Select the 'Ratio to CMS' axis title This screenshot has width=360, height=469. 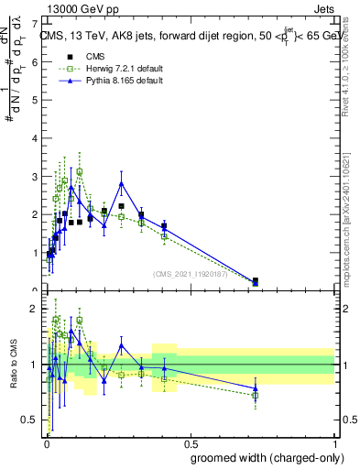[14, 364]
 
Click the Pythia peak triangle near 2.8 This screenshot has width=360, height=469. [121, 183]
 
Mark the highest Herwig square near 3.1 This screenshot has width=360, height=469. [80, 171]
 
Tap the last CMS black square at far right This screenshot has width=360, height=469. [255, 280]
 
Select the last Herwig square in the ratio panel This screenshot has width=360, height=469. [255, 396]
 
